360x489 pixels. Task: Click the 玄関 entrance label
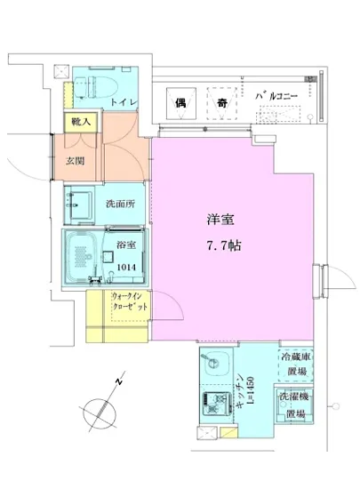pos(74,164)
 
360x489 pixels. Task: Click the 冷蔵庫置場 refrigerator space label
pos(295,364)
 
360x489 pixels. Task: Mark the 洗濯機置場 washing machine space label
pos(295,405)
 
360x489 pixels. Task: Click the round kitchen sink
pos(213,365)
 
